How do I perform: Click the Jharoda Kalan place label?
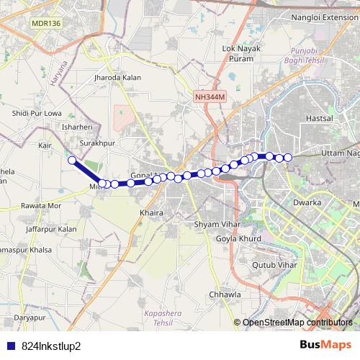click(117, 77)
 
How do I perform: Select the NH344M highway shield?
click(210, 96)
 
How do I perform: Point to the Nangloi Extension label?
click(322, 17)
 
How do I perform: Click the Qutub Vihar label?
click(264, 265)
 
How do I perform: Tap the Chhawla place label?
click(222, 294)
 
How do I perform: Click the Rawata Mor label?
click(41, 205)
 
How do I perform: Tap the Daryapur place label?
click(30, 317)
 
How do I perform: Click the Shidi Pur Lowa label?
click(37, 114)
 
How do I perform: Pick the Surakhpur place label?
click(98, 143)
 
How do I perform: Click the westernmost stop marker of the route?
click(72, 160)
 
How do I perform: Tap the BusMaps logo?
click(325, 345)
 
